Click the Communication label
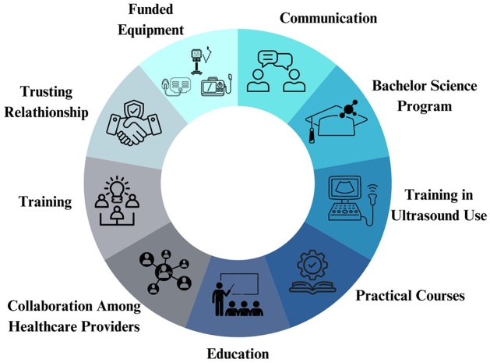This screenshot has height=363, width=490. (328, 17)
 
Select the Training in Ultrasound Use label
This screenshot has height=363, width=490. (435, 205)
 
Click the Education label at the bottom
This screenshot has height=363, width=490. (238, 354)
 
